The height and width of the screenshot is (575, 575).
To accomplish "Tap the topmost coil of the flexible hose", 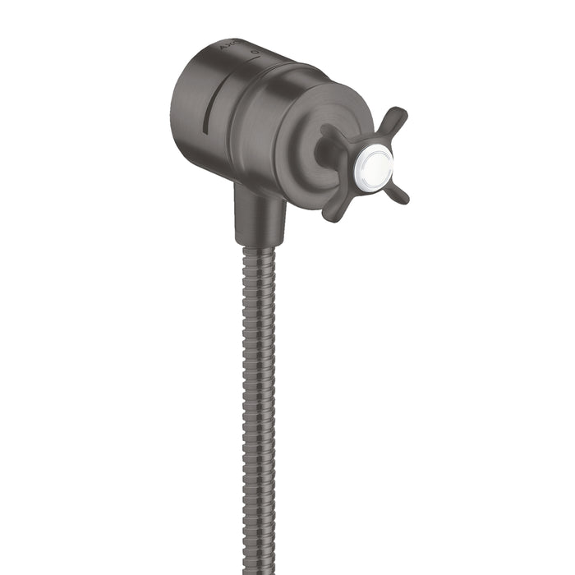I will (260, 251).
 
